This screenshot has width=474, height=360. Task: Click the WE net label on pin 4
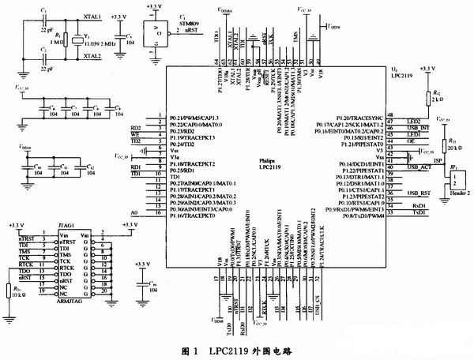point(135,135)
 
